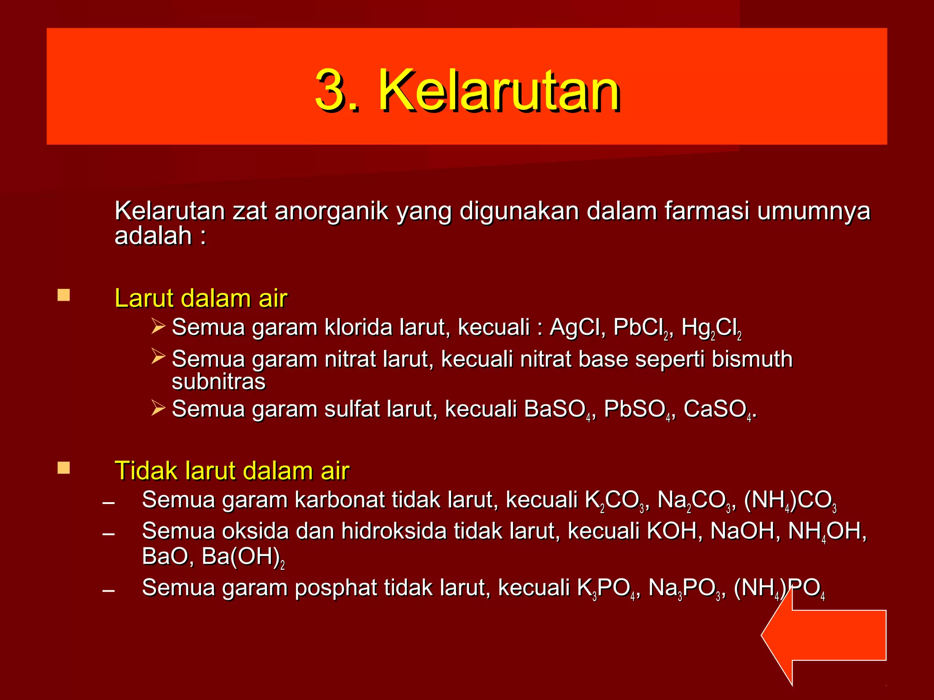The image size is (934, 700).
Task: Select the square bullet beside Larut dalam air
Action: click(x=64, y=295)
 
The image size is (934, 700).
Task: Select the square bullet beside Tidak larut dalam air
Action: click(x=64, y=468)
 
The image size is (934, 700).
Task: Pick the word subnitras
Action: click(x=218, y=382)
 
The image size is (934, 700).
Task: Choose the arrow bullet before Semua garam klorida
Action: click(x=158, y=326)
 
